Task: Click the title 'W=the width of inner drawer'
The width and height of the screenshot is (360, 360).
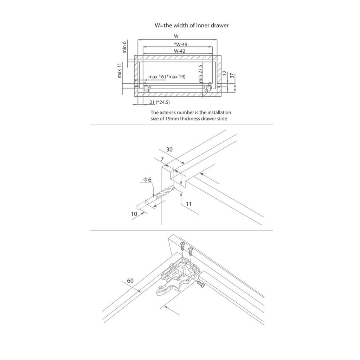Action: (x=192, y=26)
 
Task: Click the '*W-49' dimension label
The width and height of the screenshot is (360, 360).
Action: (x=180, y=44)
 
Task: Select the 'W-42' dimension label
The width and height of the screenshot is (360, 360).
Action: (x=180, y=51)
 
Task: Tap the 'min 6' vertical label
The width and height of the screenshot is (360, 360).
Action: (x=124, y=47)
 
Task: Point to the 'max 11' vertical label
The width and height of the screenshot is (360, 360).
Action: (x=120, y=71)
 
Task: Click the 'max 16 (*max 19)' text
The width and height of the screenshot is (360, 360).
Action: (x=167, y=77)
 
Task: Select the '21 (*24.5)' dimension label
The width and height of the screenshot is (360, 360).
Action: (x=160, y=102)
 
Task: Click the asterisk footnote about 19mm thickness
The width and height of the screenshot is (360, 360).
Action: (x=191, y=115)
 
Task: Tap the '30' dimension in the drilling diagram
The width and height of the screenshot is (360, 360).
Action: (x=169, y=149)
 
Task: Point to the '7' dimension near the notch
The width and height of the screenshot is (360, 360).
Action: (x=162, y=160)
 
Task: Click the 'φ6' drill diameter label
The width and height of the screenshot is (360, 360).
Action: (x=147, y=180)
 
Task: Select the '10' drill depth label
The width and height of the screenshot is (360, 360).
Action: (x=134, y=214)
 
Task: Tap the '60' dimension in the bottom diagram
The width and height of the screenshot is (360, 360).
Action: (x=130, y=281)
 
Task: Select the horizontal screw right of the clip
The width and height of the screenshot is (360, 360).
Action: (x=201, y=284)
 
